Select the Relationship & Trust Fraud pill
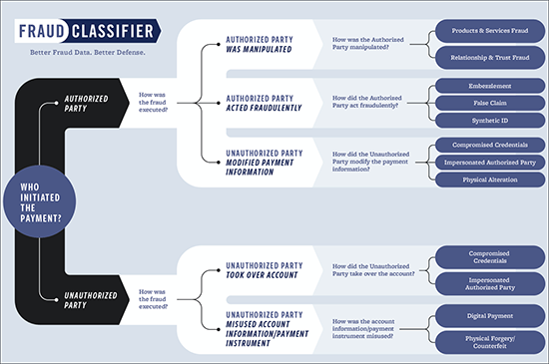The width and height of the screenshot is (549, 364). click(x=483, y=57)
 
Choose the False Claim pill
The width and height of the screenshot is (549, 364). click(x=483, y=104)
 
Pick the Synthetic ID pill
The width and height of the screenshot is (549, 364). click(x=483, y=119)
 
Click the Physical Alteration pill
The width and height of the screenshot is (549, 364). click(x=483, y=179)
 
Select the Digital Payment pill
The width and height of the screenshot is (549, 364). click(x=483, y=314)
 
